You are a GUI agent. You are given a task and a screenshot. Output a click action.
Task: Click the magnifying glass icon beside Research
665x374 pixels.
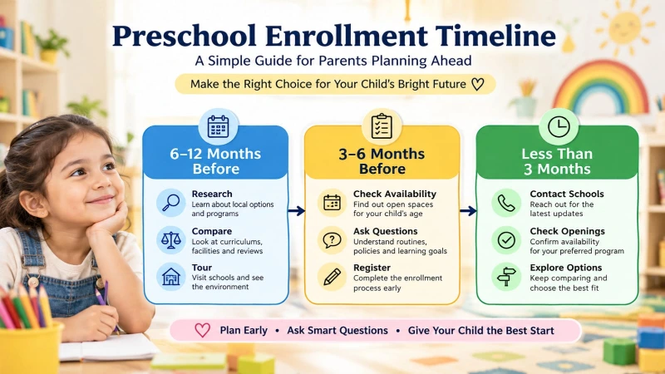click(x=171, y=202)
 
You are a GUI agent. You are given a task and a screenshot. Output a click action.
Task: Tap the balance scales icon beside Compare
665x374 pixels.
click(x=171, y=240)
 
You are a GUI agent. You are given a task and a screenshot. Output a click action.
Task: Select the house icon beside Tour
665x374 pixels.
click(x=171, y=277)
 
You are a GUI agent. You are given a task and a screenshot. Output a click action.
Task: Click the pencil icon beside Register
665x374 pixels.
click(x=332, y=277)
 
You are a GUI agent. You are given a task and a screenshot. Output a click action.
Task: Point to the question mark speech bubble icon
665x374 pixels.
click(x=332, y=240)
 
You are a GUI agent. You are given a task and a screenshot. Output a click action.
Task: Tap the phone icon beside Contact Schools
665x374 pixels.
click(x=506, y=203)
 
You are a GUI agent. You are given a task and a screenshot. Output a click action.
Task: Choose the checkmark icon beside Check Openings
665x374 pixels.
click(x=506, y=240)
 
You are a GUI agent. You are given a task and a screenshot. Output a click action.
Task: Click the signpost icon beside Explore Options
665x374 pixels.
click(x=506, y=277)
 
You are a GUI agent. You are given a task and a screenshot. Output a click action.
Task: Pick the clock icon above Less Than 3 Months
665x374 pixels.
click(x=559, y=126)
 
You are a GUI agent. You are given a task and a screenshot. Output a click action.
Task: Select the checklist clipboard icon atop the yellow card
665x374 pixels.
click(x=382, y=126)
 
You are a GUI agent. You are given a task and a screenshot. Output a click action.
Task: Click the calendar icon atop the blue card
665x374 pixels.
click(x=219, y=126)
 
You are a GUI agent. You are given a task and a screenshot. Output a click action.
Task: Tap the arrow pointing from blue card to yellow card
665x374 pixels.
click(x=297, y=211)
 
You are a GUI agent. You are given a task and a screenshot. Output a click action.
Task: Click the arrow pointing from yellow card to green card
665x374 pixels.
click(x=468, y=211)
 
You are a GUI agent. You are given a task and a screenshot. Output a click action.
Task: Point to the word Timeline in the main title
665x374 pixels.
click(x=495, y=36)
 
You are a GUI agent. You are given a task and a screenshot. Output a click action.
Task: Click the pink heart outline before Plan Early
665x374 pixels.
click(x=202, y=330)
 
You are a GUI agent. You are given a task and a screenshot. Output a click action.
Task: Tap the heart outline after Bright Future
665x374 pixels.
click(x=477, y=84)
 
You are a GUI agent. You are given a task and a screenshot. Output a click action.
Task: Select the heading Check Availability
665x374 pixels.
click(x=394, y=194)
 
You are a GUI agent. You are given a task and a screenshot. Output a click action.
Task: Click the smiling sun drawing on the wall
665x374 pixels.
click(x=625, y=29)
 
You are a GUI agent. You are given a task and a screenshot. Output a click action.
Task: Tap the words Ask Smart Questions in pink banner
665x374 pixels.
click(x=337, y=330)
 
